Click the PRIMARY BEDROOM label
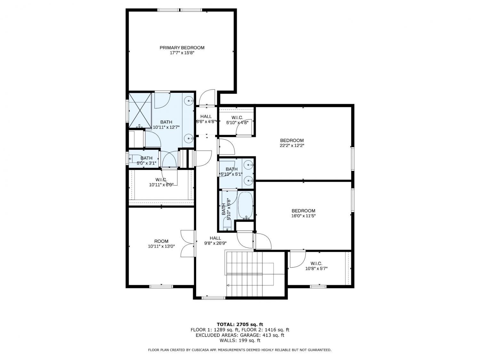[182, 48]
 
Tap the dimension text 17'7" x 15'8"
[182, 53]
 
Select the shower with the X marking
[140, 110]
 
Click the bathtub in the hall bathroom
[245, 205]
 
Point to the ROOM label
[161, 241]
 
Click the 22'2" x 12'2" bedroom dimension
[292, 145]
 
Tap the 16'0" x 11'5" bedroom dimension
[303, 216]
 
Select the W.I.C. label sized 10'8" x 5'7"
[316, 263]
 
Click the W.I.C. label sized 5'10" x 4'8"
[237, 117]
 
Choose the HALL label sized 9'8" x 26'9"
[215, 238]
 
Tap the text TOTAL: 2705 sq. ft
[240, 324]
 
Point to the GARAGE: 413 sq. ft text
[262, 335]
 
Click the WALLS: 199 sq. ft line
[240, 340]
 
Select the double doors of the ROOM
[188, 244]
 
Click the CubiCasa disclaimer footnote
[240, 350]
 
